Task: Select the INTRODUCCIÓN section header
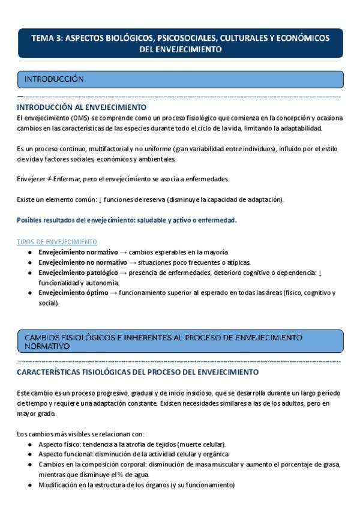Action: point(53,79)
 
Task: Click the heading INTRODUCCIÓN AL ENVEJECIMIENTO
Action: point(77,107)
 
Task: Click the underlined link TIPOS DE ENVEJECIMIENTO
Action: point(57,242)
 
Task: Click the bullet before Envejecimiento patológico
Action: point(30,273)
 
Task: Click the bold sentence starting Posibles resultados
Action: point(127,220)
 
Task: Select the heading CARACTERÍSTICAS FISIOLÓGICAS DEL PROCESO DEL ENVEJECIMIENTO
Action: point(138,372)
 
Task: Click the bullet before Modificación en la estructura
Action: point(30,485)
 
